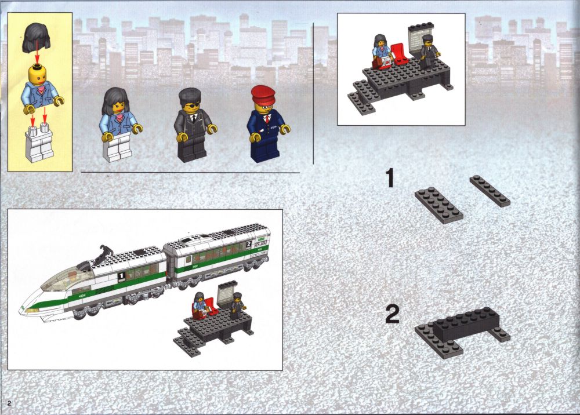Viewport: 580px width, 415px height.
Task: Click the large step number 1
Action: [390, 178]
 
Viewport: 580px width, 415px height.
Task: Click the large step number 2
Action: [393, 314]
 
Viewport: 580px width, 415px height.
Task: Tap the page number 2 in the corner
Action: [9, 402]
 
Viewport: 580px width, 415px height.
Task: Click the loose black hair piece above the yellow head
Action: [36, 37]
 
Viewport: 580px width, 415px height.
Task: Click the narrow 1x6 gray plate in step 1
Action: [490, 191]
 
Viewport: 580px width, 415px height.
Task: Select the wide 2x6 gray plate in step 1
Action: [438, 205]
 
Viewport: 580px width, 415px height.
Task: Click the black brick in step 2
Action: [467, 325]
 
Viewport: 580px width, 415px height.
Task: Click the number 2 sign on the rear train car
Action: [249, 244]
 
